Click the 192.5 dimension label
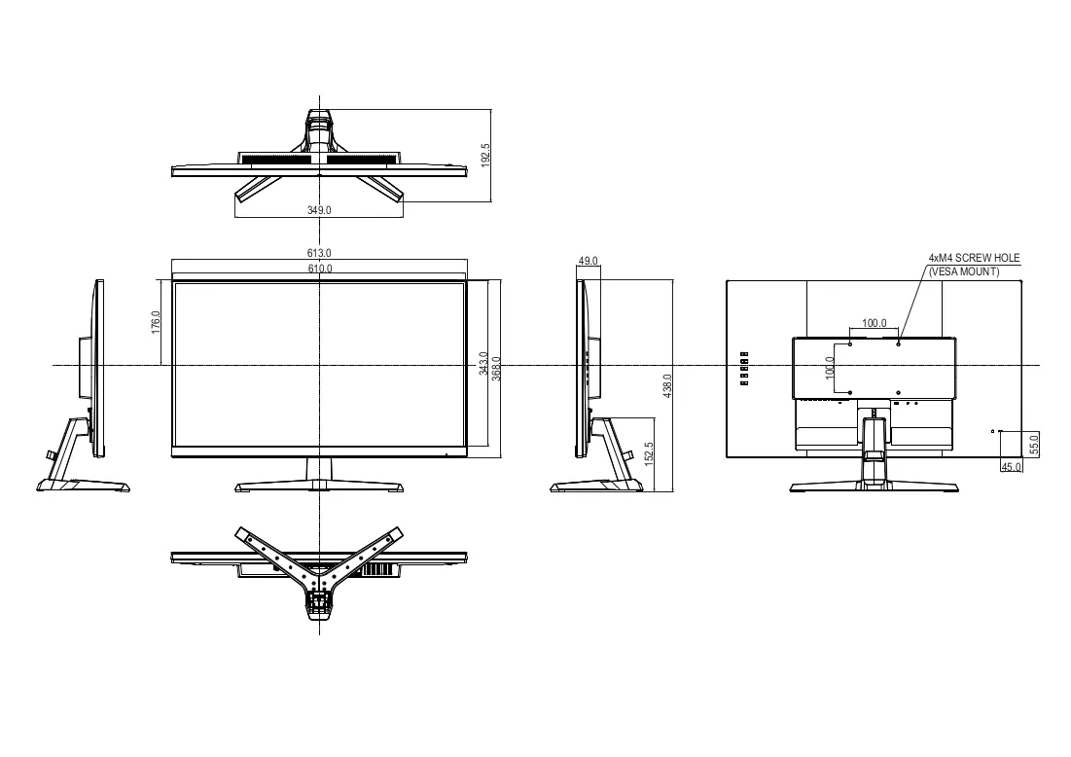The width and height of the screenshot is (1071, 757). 485,155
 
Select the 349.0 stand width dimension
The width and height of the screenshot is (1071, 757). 319,210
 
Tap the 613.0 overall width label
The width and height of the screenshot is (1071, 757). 319,254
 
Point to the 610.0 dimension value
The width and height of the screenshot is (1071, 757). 319,269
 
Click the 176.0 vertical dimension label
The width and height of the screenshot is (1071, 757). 155,322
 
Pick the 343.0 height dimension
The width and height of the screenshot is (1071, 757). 483,364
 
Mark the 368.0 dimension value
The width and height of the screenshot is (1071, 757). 496,369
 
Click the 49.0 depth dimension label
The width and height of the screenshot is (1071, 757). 589,261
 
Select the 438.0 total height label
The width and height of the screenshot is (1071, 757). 667,386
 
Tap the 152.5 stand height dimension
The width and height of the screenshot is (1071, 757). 649,453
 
